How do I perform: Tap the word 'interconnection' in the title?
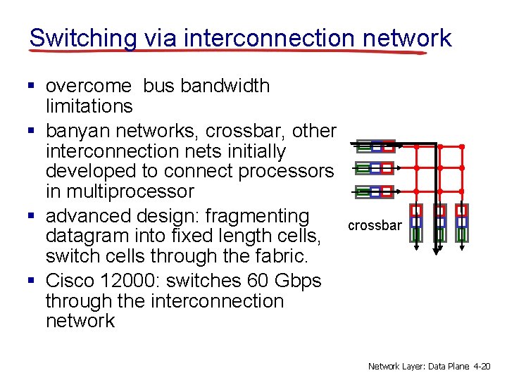269,37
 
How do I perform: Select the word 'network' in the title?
407,37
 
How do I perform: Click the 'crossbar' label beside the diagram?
374,226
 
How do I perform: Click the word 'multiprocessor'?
119,191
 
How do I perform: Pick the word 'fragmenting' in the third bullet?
257,216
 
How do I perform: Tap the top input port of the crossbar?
375,147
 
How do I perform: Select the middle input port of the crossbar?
375,169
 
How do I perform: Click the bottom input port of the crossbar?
375,191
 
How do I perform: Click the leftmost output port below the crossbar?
417,222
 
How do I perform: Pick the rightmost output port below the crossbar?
462,222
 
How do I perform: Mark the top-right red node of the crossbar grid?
462,147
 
